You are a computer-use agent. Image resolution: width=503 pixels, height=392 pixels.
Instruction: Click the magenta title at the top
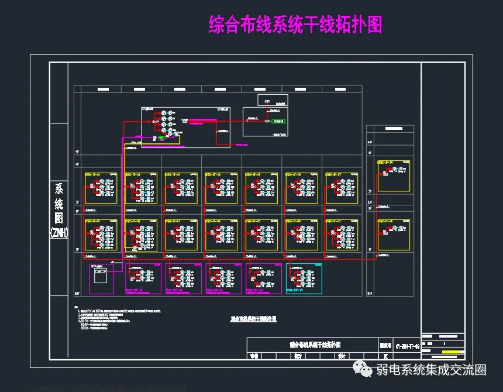click(x=295, y=25)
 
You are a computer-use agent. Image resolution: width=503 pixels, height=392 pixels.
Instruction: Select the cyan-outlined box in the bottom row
click(x=304, y=278)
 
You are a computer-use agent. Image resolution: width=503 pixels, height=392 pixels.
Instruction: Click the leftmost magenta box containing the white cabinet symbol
click(x=101, y=278)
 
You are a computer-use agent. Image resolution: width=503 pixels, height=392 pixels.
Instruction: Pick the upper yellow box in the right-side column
click(x=393, y=176)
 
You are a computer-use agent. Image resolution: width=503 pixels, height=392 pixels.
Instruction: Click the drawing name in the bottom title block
click(x=315, y=345)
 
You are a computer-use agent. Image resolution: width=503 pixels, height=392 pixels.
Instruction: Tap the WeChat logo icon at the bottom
click(x=364, y=370)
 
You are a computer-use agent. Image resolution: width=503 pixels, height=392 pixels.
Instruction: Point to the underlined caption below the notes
click(x=253, y=319)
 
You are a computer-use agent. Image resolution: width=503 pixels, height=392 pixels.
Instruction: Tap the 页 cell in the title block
click(x=385, y=356)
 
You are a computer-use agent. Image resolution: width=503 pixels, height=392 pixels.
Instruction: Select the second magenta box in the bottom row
click(x=143, y=278)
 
